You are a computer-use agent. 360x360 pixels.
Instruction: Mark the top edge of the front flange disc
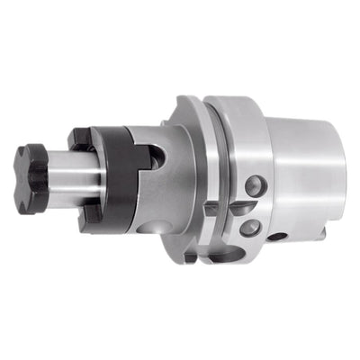tap(185, 99)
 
